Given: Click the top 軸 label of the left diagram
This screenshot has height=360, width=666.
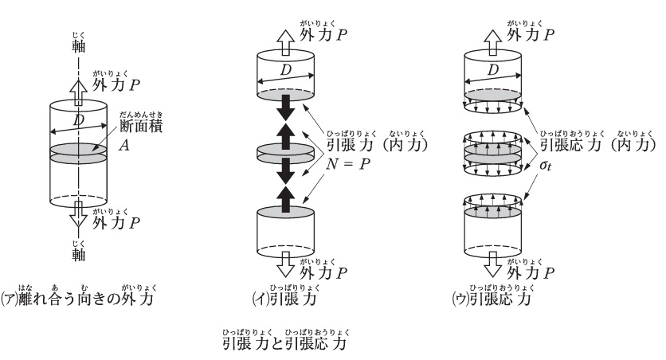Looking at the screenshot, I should click(x=76, y=43).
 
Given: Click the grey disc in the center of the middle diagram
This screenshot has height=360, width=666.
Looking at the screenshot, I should click(x=285, y=151).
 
